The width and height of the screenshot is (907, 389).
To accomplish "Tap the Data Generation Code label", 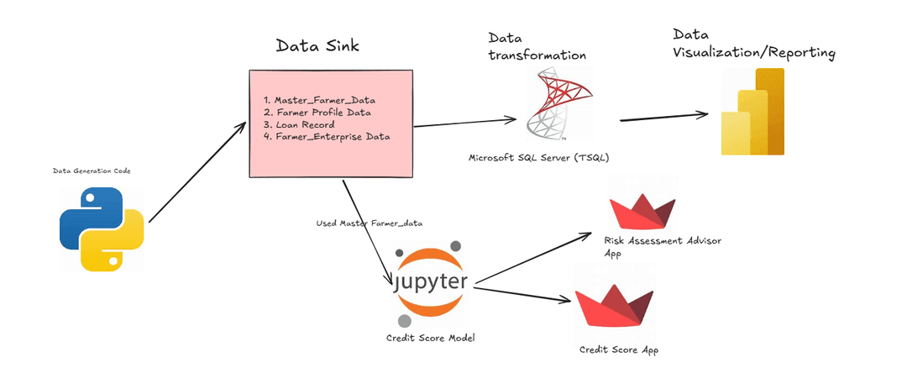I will (92, 171).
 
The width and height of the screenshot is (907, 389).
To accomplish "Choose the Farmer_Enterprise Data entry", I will (332, 136).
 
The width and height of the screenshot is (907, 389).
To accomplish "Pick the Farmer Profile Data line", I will (323, 112).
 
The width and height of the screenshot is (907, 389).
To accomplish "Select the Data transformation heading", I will (537, 47).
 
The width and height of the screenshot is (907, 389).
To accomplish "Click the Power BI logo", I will (752, 112).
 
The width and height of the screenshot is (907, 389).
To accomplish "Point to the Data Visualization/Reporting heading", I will (753, 45).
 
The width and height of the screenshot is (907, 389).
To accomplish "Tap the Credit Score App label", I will (619, 350).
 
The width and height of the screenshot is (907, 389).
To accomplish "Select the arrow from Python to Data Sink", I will (194, 171).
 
